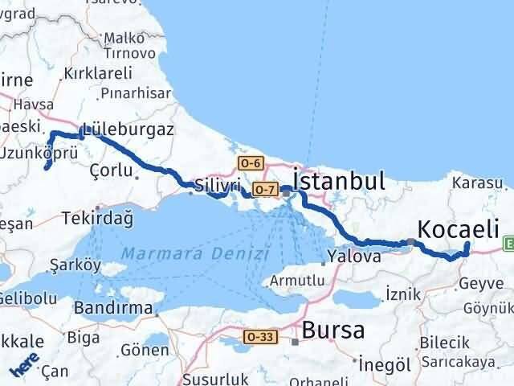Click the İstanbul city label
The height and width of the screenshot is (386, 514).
(x=339, y=181)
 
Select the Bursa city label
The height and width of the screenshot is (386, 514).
(x=332, y=330)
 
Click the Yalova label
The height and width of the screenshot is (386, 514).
(x=353, y=257)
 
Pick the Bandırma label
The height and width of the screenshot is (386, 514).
(x=112, y=307)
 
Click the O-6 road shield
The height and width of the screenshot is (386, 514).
(x=251, y=163)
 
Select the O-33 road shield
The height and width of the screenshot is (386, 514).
(x=273, y=337)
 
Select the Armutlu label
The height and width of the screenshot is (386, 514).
(x=297, y=281)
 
